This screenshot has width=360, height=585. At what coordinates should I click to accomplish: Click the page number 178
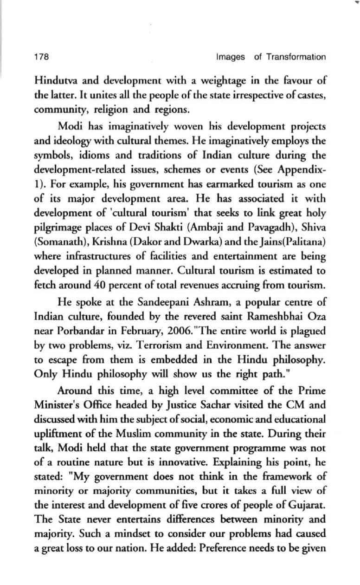point(41,57)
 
